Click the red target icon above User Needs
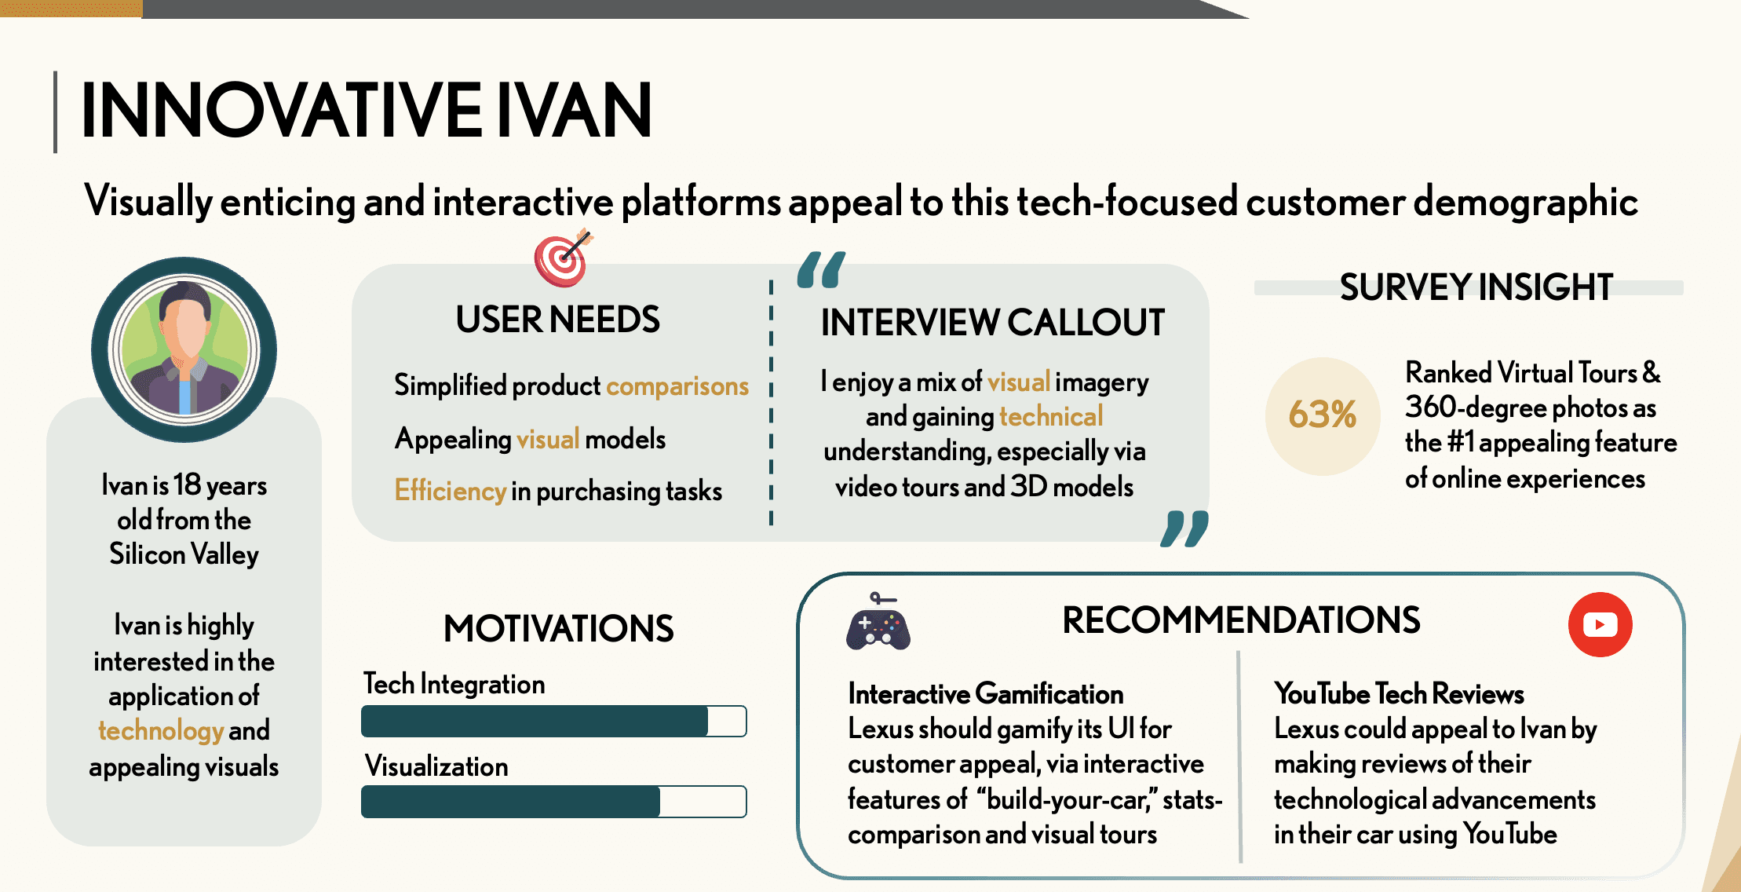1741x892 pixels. pyautogui.click(x=562, y=259)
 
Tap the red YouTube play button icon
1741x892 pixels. pyautogui.click(x=1600, y=624)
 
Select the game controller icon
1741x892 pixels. pyautogui.click(x=878, y=626)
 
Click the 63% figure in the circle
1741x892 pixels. pyautogui.click(x=1322, y=415)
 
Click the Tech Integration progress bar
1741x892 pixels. pyautogui.click(x=553, y=721)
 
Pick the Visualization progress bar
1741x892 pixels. pyautogui.click(x=553, y=802)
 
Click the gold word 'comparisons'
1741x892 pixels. pyautogui.click(x=677, y=386)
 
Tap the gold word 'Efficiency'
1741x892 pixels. pyautogui.click(x=450, y=491)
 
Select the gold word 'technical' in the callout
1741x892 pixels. pyautogui.click(x=1051, y=416)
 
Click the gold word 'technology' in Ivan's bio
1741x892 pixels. pyautogui.click(x=161, y=730)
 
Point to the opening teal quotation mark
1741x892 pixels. pyautogui.click(x=821, y=270)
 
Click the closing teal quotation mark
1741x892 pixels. pyautogui.click(x=1184, y=528)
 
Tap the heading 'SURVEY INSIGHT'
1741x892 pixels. pyautogui.click(x=1476, y=287)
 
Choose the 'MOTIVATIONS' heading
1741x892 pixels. pyautogui.click(x=558, y=628)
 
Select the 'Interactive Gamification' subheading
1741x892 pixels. pyautogui.click(x=985, y=694)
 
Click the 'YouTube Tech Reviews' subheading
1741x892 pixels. pyautogui.click(x=1399, y=694)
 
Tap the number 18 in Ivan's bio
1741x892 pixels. pyautogui.click(x=187, y=485)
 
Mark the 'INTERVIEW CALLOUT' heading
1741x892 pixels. pyautogui.click(x=992, y=323)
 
